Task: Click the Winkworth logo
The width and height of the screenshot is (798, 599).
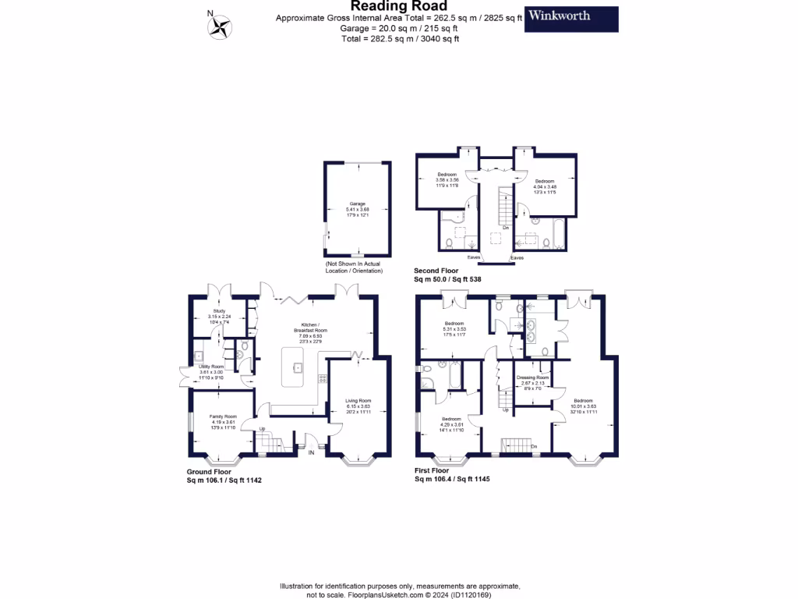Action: [x=571, y=19]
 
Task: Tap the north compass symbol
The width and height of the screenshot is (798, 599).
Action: [x=221, y=27]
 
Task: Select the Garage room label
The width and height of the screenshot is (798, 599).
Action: [x=357, y=208]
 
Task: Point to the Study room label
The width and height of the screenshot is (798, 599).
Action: [x=219, y=314]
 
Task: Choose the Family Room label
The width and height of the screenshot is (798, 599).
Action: [x=222, y=422]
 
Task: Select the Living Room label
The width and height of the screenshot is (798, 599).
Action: [x=358, y=405]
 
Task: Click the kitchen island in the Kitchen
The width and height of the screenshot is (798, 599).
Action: [x=298, y=366]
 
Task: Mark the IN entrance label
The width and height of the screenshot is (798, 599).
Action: [x=312, y=452]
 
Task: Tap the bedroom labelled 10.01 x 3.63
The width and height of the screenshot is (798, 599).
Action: [x=583, y=404]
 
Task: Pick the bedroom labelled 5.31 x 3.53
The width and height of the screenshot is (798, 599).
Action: [x=454, y=327]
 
